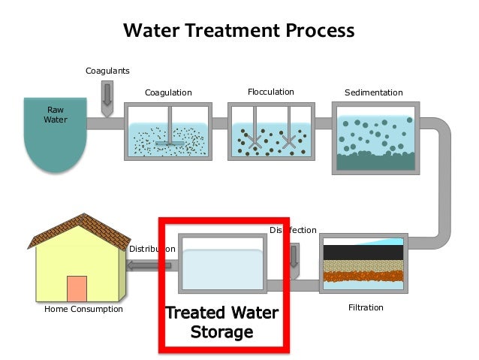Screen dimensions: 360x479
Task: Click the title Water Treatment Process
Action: click(x=239, y=31)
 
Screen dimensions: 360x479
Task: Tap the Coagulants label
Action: click(x=107, y=71)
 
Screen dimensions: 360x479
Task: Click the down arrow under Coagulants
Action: click(x=107, y=95)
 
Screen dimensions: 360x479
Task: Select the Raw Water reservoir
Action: click(x=55, y=132)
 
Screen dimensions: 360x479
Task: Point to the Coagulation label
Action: click(x=168, y=93)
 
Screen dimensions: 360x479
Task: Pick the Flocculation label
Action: click(x=270, y=92)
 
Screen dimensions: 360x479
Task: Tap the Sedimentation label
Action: click(x=373, y=93)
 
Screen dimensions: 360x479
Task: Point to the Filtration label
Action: click(x=366, y=307)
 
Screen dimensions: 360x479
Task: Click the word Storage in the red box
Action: click(x=221, y=331)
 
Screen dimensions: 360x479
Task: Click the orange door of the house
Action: click(x=77, y=289)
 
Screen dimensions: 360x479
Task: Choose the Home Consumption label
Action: click(x=83, y=309)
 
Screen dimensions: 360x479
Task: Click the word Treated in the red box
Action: click(x=190, y=313)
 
